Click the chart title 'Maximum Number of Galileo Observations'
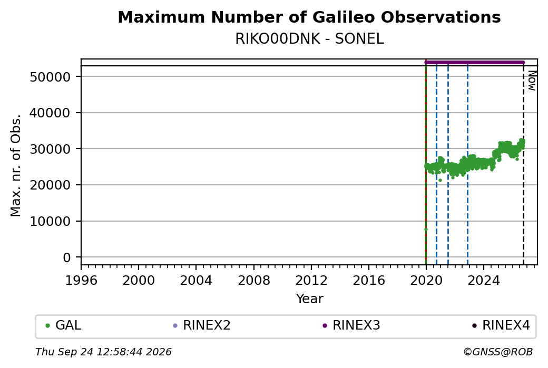309,17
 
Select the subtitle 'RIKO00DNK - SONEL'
309,39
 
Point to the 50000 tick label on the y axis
51,77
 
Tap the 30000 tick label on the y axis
51,149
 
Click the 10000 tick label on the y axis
51,221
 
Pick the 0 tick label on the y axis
67,257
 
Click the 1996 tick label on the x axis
81,280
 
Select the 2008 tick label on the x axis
254,280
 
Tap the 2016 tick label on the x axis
369,280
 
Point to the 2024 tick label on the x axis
484,280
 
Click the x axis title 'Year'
310,299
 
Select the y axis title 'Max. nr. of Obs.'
16,165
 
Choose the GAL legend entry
64,325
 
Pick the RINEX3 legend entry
351,325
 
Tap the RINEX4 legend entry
501,325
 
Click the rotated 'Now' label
532,81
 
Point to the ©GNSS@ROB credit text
498,352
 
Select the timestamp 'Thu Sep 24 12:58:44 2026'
103,352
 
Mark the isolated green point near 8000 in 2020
426,230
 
